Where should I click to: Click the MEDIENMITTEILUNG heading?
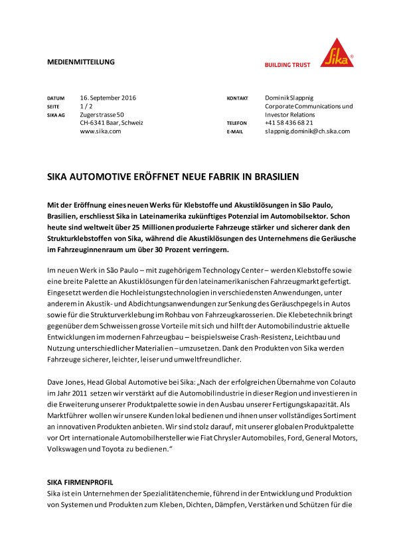click(x=81, y=62)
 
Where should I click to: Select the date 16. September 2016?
click(x=108, y=98)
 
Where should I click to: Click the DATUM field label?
click(x=56, y=99)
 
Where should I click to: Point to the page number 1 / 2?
click(x=86, y=106)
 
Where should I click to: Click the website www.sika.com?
click(x=100, y=131)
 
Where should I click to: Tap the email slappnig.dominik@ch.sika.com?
click(x=307, y=131)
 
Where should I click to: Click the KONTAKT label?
click(x=237, y=99)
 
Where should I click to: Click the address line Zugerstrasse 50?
click(x=102, y=115)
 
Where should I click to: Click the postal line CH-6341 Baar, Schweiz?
click(x=112, y=123)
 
